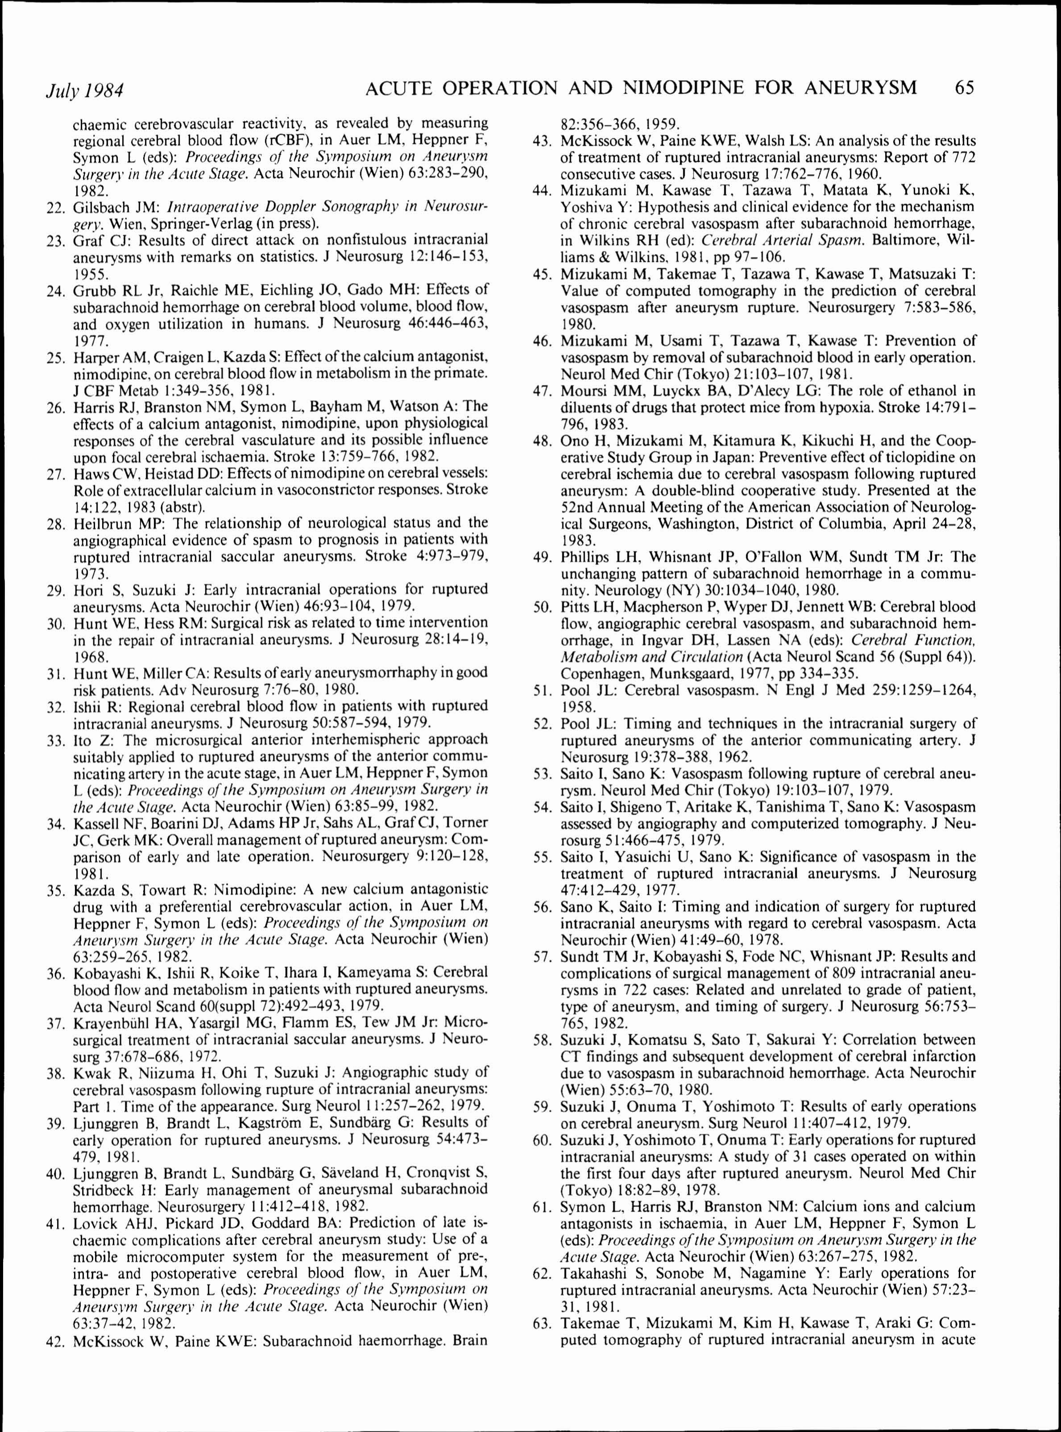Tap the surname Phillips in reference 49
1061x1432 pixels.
(x=586, y=557)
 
